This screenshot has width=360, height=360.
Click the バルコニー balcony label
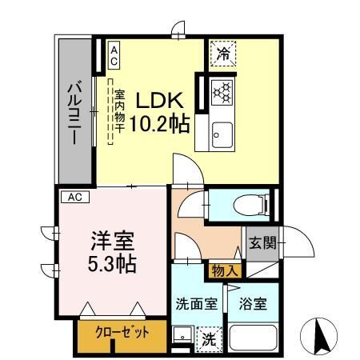(73, 112)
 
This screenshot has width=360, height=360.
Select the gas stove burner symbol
(221, 91)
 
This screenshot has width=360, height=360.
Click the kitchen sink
(222, 134)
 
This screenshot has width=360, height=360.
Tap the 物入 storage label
(224, 271)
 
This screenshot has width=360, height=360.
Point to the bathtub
(253, 338)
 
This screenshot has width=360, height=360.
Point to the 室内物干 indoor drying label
(117, 112)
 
